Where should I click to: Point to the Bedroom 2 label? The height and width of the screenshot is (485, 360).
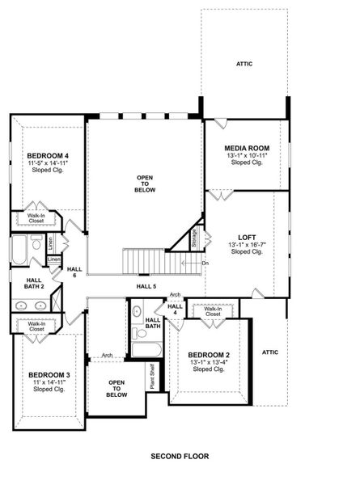[209, 354]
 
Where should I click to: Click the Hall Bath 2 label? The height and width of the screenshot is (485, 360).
[28, 284]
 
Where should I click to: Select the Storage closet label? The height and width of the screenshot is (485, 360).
[194, 238]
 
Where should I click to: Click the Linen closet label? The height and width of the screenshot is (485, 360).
[50, 242]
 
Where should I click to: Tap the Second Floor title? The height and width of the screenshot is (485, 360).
[180, 456]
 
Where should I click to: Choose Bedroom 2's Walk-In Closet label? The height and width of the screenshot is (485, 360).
[214, 311]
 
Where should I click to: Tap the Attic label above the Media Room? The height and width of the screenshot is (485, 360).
[244, 63]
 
